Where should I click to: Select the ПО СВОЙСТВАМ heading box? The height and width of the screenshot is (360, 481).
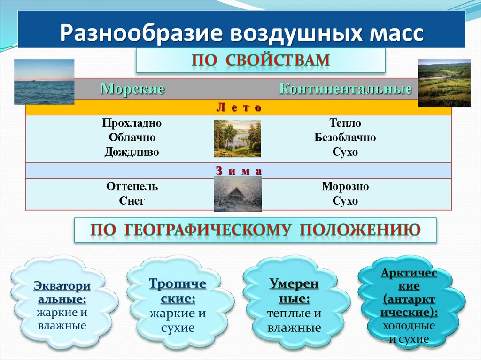tap(260, 61)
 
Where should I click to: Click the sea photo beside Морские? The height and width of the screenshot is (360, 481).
tap(44, 81)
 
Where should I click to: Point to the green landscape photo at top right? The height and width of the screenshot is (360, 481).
tap(444, 83)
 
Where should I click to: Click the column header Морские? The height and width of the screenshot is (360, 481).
tap(132, 89)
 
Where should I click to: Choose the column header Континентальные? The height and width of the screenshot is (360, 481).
tap(345, 89)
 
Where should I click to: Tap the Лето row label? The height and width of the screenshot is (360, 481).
tap(238, 108)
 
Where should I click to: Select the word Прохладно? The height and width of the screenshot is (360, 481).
tap(132, 123)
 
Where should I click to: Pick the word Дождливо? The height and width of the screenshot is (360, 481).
tap(132, 152)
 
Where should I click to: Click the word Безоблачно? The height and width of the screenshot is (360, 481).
tap(345, 138)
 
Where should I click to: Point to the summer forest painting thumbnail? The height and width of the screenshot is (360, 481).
tap(237, 138)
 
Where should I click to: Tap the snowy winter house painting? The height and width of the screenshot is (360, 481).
tap(238, 194)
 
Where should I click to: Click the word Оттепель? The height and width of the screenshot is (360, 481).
tap(132, 187)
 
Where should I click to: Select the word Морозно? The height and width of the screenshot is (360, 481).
tap(345, 187)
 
